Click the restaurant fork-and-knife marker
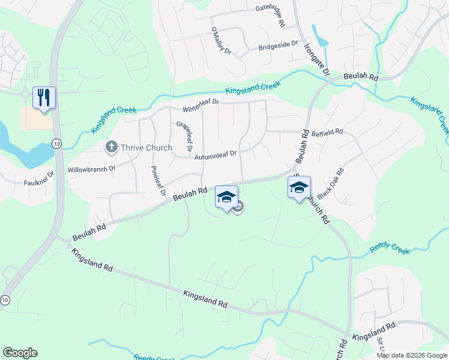[x=44, y=97]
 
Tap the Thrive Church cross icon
[x=110, y=147]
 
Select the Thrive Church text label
[x=146, y=148]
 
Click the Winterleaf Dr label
[x=201, y=106]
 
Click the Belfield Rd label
[x=327, y=131]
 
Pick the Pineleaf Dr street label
[x=158, y=181]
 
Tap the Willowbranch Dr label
[x=91, y=169]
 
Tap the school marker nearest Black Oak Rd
[x=299, y=187]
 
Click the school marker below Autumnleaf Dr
[x=226, y=197]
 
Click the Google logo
[x=20, y=353]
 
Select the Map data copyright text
[x=411, y=355]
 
